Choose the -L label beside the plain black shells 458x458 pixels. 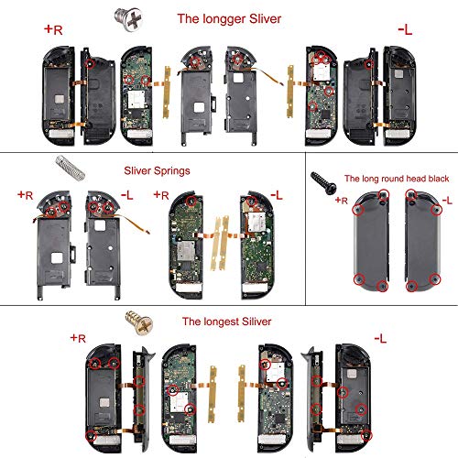(445, 200)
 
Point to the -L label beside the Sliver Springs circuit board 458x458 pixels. (276, 196)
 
